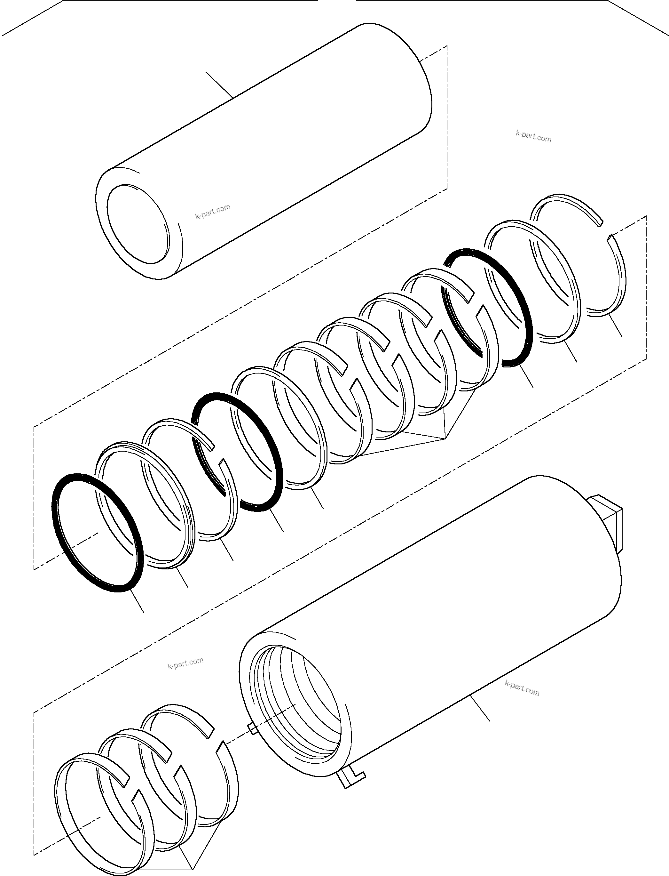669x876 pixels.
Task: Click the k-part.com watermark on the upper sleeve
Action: pyautogui.click(x=213, y=212)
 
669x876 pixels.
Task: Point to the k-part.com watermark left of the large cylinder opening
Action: pyautogui.click(x=185, y=663)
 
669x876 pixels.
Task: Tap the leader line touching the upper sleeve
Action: pyautogui.click(x=219, y=84)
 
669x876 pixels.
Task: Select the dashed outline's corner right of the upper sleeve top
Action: pyautogui.click(x=447, y=46)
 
